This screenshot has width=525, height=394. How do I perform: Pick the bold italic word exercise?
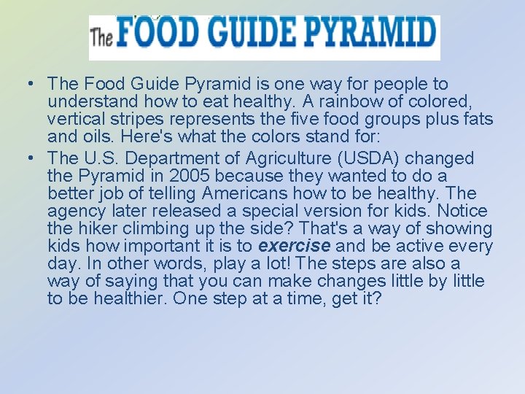[x=295, y=247]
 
